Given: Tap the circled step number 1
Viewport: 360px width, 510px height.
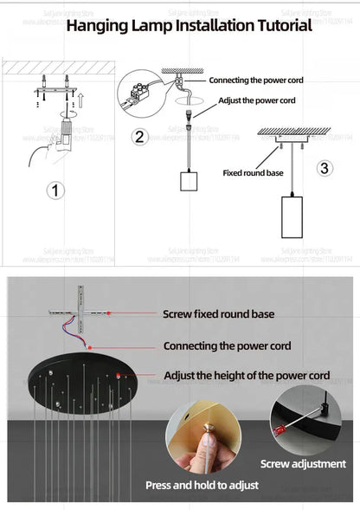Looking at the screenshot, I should [x=55, y=190].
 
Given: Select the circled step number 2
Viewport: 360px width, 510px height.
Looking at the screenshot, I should [x=139, y=137].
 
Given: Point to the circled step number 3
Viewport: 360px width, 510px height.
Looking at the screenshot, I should [x=325, y=168].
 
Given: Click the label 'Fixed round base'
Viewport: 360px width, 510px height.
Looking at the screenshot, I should [x=253, y=172].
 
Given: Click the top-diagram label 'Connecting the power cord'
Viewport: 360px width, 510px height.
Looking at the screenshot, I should [x=255, y=80].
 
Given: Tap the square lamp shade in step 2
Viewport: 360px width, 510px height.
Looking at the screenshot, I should [x=190, y=181].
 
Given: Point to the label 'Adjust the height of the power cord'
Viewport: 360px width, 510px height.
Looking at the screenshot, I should [x=247, y=376].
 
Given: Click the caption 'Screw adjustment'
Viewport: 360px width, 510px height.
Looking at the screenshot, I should [x=303, y=464].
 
